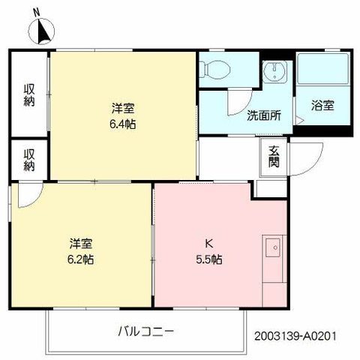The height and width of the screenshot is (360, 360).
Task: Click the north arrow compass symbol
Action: [41, 32]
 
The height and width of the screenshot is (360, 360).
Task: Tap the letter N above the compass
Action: [37, 12]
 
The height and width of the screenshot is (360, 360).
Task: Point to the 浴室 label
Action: [322, 105]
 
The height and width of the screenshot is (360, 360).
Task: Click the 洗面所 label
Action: [264, 115]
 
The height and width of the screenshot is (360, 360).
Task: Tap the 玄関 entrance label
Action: [274, 156]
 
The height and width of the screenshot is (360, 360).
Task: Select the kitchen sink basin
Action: [273, 247]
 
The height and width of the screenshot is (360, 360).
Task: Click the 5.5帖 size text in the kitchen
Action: [209, 259]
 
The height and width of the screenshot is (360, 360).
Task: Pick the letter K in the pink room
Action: [209, 244]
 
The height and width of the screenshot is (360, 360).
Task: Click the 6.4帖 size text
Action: [123, 124]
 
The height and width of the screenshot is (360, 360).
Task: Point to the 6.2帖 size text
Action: [80, 259]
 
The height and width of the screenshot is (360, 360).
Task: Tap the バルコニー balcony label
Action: [146, 331]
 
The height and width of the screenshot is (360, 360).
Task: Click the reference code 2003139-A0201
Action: [295, 336]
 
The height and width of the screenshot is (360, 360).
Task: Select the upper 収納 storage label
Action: [29, 95]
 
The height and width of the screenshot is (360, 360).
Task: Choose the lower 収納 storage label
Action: [29, 160]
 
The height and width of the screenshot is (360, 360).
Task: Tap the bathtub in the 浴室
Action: [324, 69]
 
